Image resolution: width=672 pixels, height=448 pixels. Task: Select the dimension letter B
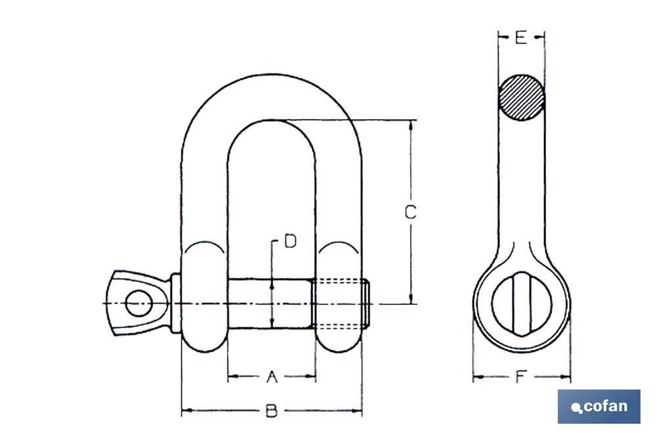(x=271, y=412)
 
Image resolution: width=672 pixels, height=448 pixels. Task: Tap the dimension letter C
(x=410, y=212)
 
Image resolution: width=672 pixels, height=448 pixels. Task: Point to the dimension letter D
(x=289, y=241)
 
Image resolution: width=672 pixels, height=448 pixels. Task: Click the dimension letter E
(x=520, y=38)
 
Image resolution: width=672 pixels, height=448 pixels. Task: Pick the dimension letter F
(x=520, y=377)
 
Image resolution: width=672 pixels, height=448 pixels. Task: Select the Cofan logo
(x=599, y=407)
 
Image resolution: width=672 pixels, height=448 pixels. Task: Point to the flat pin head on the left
(x=135, y=303)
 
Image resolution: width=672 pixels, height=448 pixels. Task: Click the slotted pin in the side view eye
(x=522, y=304)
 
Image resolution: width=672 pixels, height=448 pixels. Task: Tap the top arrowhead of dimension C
(x=411, y=125)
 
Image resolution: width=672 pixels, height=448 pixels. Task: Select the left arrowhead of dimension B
(x=185, y=412)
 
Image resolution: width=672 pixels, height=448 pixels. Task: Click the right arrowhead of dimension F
(x=566, y=377)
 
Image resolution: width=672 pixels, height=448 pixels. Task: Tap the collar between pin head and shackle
(x=176, y=303)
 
